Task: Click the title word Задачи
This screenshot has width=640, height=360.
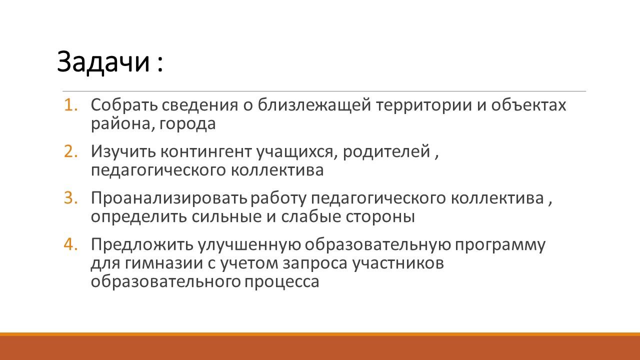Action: pyautogui.click(x=103, y=62)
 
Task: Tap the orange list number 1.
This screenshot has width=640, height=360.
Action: pyautogui.click(x=70, y=105)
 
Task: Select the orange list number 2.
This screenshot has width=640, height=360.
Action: pyautogui.click(x=70, y=151)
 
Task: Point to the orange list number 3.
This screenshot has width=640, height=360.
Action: pyautogui.click(x=70, y=198)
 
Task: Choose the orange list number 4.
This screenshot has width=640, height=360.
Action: pyautogui.click(x=70, y=244)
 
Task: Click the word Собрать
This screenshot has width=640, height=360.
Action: pyautogui.click(x=124, y=105)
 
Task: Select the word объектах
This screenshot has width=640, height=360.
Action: pyautogui.click(x=528, y=105)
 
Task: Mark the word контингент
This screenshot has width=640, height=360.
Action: pyautogui.click(x=206, y=151)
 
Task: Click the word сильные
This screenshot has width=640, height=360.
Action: pyautogui.click(x=226, y=216)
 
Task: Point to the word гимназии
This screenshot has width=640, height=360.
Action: pyautogui.click(x=163, y=263)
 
